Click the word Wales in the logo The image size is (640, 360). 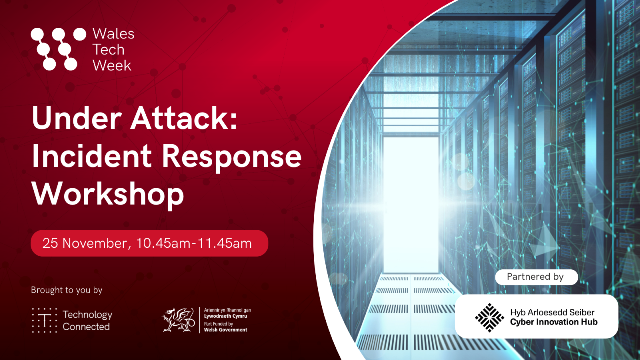[x=113, y=34]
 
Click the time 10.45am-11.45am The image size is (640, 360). [x=194, y=243]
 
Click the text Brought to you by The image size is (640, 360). [x=66, y=290]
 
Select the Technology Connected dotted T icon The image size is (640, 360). [x=44, y=320]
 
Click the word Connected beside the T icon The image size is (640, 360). [x=86, y=327]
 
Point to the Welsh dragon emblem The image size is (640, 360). [x=178, y=320]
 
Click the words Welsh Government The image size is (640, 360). [x=226, y=330]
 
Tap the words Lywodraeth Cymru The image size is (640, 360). [x=226, y=316]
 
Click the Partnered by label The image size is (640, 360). [x=535, y=277]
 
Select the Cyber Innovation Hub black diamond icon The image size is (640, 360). [x=489, y=317]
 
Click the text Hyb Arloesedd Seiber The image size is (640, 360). [x=552, y=312]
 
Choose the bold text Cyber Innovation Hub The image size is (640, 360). [x=554, y=322]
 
